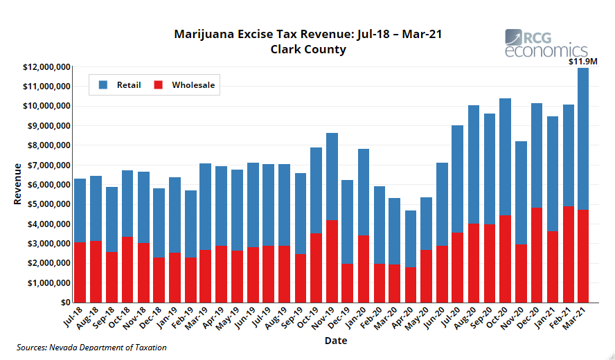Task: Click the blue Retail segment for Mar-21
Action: (583, 138)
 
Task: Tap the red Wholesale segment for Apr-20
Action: (411, 285)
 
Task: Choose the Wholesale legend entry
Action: (184, 85)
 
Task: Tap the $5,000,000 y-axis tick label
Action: (48, 204)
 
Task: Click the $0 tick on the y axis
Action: (64, 303)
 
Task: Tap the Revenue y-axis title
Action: (17, 185)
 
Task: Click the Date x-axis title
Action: (335, 341)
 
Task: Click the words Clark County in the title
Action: (308, 49)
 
